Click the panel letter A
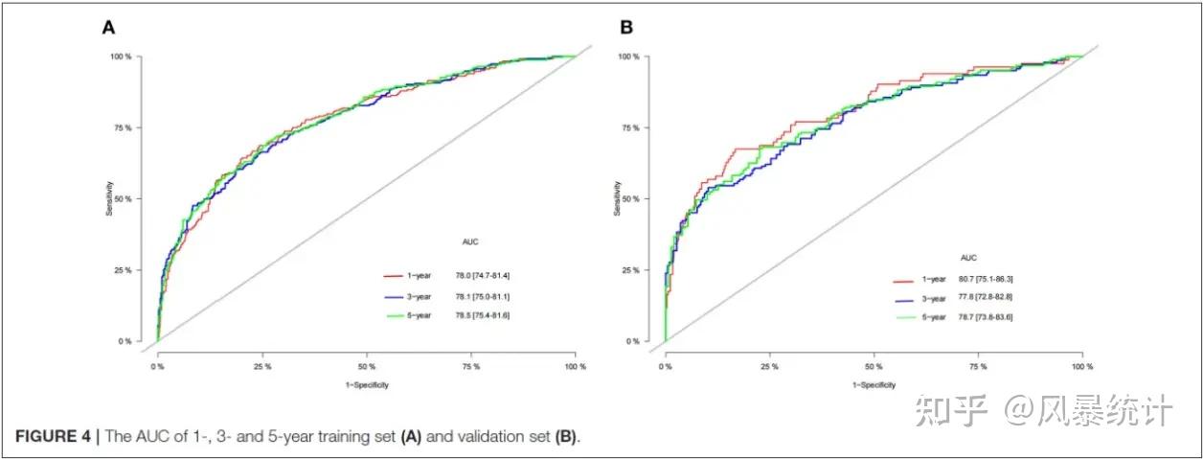tap(109, 28)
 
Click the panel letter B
tap(626, 28)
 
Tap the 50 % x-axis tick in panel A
tap(367, 366)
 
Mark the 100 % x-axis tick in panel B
tap(1082, 366)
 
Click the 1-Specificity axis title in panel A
tap(366, 384)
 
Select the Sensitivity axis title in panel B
tap(615, 198)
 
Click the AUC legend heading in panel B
tap(968, 258)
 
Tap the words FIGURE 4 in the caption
tap(52, 437)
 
